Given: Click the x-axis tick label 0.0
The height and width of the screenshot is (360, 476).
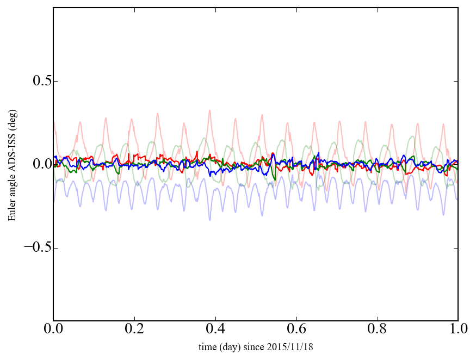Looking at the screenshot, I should point(53,330).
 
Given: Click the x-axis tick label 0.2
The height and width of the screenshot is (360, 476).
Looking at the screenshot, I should point(134,330).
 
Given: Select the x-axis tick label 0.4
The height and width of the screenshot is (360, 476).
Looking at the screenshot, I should point(215,330).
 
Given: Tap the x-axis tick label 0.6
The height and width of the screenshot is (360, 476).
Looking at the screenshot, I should point(296,330).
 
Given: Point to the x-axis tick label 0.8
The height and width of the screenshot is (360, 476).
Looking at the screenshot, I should point(377,330).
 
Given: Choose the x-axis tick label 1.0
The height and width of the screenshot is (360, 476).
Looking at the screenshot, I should point(458,330).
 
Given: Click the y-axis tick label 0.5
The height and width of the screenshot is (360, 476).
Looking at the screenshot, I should point(38,81).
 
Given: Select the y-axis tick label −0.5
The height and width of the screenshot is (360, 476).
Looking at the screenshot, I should point(34,247).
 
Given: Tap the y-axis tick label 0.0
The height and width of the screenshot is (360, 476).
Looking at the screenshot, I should point(38,164).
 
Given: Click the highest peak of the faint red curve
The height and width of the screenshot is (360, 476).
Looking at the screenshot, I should point(209,110).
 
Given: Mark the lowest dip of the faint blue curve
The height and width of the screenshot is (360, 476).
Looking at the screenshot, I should point(210,219).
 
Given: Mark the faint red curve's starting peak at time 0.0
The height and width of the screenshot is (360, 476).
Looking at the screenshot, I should point(54,122).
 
